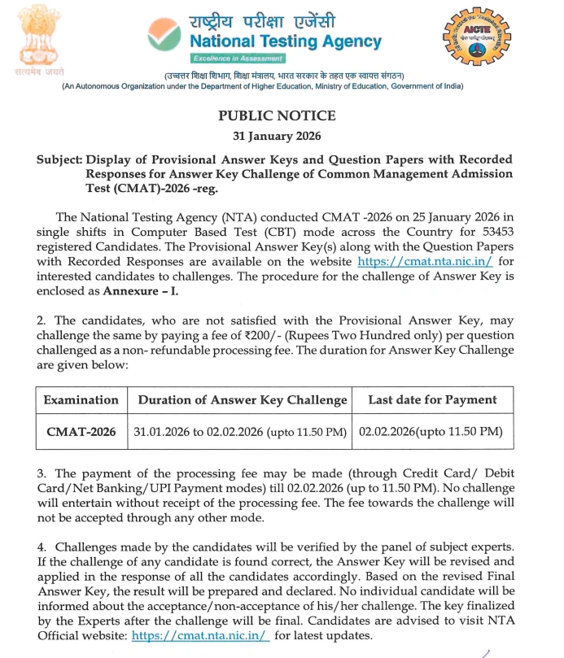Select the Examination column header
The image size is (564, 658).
coord(81,400)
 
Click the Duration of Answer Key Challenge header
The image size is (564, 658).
coord(243,400)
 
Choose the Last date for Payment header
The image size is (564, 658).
coord(432,400)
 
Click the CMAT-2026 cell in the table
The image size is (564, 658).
coord(81,431)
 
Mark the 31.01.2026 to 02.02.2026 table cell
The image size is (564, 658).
coord(242,431)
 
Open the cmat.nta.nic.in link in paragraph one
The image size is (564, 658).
coord(424,262)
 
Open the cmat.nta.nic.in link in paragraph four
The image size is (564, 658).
coord(199,636)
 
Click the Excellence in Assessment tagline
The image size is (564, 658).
coord(238,59)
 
